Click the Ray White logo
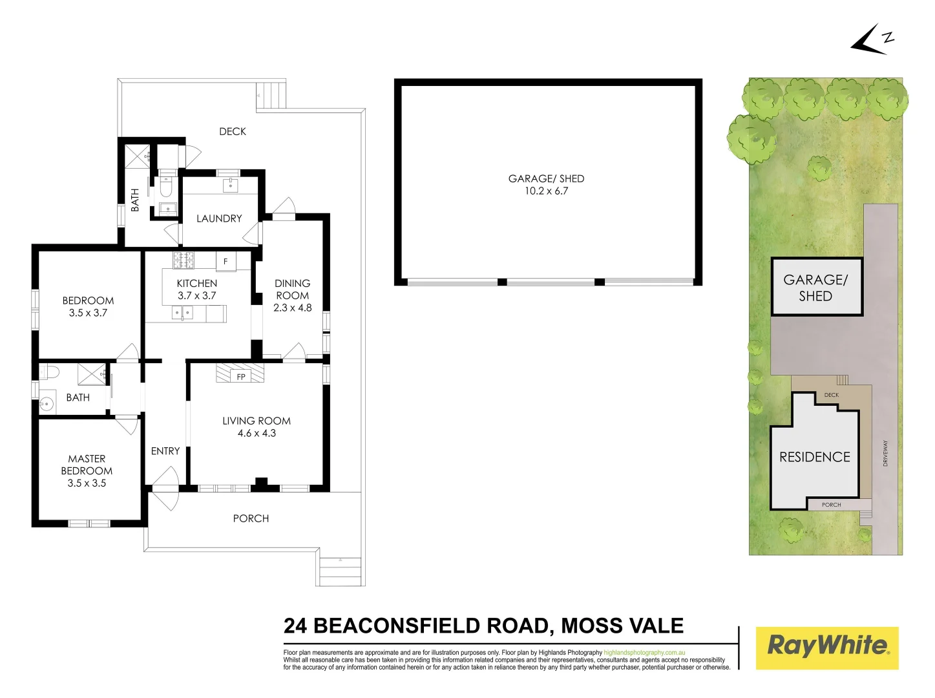[827, 647]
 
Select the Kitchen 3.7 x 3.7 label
[197, 290]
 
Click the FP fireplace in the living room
[240, 374]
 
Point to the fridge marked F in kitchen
[226, 262]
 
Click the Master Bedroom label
[87, 471]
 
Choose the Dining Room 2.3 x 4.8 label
[292, 295]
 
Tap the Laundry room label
[219, 218]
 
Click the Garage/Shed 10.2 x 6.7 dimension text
[546, 191]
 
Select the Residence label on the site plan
[814, 457]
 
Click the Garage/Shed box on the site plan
[816, 288]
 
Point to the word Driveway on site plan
[885, 453]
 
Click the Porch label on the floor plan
[251, 518]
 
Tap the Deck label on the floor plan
[233, 131]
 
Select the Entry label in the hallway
[165, 451]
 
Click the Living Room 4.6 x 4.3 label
[257, 427]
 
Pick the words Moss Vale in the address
[622, 626]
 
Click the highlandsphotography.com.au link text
[644, 653]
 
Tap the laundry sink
[231, 185]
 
